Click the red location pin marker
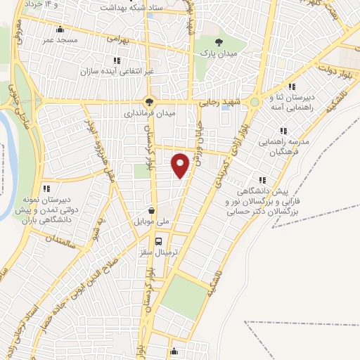(181, 165)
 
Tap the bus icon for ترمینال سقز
(160, 240)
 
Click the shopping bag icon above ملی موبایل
(153, 210)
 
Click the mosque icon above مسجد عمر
(60, 30)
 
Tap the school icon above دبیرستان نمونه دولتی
(47, 188)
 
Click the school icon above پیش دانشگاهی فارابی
(262, 180)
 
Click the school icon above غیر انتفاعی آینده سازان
(116, 60)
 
